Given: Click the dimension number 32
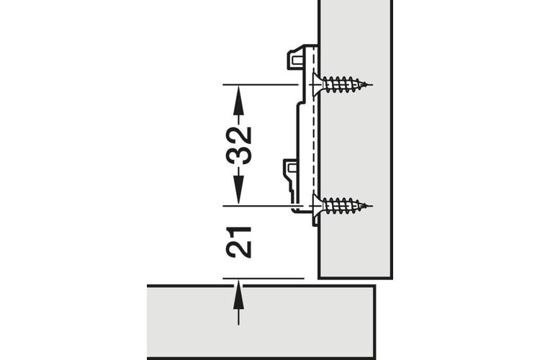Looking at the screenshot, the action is (x=238, y=145).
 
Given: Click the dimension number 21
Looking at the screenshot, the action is (x=238, y=242).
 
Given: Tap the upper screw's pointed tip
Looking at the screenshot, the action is (x=372, y=84).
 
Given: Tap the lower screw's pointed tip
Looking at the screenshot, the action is (x=372, y=206).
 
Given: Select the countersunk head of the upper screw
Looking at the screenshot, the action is (x=317, y=84).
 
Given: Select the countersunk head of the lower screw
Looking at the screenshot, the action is (x=317, y=206).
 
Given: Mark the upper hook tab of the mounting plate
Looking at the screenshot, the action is (x=294, y=60).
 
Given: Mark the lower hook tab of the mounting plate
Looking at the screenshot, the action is (x=292, y=168).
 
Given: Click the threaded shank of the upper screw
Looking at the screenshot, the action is (x=345, y=84).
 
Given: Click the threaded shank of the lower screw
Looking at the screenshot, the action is (x=345, y=206).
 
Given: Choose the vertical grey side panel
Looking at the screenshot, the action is (x=356, y=138).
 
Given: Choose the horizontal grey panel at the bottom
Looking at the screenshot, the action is (x=261, y=322).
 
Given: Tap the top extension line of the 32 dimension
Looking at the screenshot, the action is (x=261, y=84).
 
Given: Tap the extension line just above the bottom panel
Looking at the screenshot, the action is (x=264, y=278).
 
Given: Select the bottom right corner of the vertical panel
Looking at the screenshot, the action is (x=392, y=278).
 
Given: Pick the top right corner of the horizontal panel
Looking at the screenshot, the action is (x=374, y=286).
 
